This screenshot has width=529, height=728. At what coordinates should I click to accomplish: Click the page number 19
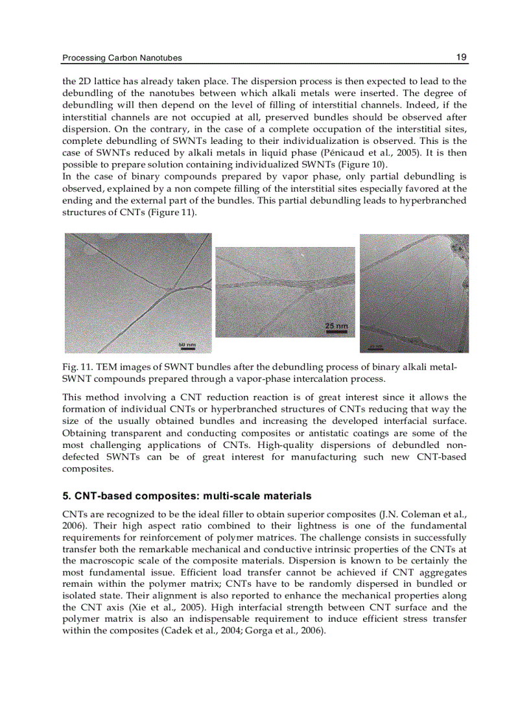point(461,57)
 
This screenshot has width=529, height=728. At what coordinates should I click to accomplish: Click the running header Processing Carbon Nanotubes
point(122,58)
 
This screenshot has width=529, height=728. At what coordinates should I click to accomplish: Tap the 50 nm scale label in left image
point(187,344)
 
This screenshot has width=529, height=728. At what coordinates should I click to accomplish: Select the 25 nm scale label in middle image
point(336,325)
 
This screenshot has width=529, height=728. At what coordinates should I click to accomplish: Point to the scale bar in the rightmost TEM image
point(376,347)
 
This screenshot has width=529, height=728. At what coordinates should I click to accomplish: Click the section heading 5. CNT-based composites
point(187,496)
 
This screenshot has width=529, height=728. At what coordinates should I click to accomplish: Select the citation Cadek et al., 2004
point(193,631)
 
